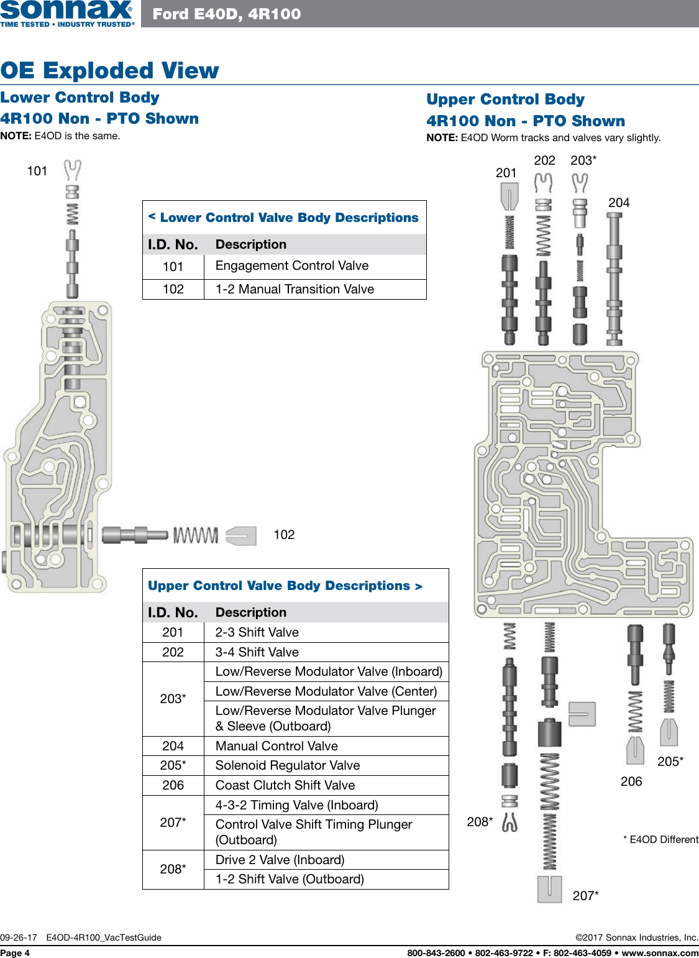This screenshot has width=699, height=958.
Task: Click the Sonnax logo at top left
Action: point(66,13)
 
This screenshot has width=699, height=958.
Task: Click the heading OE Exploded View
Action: point(109,70)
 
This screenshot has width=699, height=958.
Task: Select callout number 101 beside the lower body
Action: point(37,171)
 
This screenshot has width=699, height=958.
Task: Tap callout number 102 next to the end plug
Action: point(284,535)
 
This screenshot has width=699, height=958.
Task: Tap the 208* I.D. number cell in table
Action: point(173,869)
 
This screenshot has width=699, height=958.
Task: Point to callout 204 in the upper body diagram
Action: point(619,203)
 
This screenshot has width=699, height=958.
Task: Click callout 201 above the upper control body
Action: point(506,173)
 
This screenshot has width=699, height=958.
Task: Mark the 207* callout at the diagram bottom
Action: point(585,896)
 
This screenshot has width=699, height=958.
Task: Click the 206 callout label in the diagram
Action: point(631,781)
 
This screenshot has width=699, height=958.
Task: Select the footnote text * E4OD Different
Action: point(660,839)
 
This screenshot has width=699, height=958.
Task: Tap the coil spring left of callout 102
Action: point(196,535)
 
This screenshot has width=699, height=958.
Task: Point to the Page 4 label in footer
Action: point(15,953)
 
